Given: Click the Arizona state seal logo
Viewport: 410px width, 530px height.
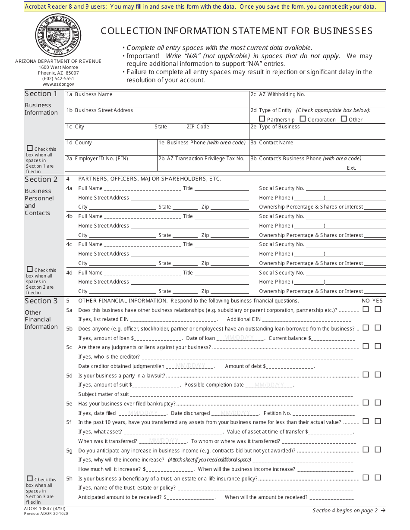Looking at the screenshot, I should (58, 35).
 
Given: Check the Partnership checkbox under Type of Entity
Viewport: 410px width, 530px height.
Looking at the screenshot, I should (262, 119).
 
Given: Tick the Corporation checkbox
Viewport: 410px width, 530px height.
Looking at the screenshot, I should (303, 119).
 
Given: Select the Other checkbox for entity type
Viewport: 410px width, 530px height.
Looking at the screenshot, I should (344, 119).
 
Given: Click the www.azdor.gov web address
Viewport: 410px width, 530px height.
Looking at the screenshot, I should (58, 84).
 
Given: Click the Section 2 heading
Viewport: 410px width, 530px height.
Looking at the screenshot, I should (41, 179).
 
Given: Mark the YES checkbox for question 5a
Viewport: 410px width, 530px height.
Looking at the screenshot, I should (378, 309).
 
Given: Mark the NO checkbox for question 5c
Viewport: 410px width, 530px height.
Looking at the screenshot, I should (366, 346).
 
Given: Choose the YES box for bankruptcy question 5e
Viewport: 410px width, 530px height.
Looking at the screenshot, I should (378, 403).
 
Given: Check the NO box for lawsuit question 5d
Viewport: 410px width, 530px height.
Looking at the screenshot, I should (366, 375).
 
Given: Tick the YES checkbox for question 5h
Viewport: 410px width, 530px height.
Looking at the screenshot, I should (378, 477).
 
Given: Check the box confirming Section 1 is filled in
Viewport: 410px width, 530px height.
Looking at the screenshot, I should (30, 148).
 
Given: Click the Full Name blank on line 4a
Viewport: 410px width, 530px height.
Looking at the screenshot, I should (142, 189).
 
